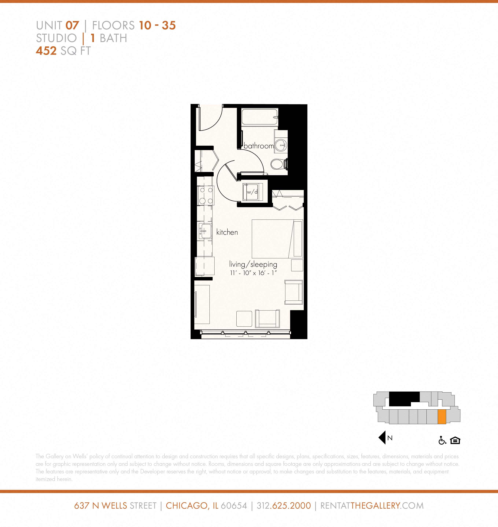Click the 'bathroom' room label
coord(259,146)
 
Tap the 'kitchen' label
coord(227,232)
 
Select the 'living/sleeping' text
coord(253,264)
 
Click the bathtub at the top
coord(259,117)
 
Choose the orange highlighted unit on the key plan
coord(441,417)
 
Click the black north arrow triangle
coord(382,438)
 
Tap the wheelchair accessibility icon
coord(442,440)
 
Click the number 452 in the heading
coord(46,51)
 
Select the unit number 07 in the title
coord(72,26)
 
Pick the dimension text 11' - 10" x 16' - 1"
coord(253,273)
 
